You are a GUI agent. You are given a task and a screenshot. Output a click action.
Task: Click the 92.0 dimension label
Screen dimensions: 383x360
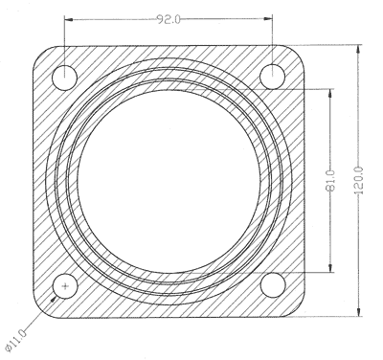click(169, 20)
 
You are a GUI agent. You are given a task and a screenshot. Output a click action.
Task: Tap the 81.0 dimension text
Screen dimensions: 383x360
click(331, 180)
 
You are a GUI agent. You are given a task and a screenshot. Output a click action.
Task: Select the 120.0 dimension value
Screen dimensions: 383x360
click(359, 180)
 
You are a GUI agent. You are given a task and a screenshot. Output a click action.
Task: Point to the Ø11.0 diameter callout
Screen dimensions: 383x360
click(16, 341)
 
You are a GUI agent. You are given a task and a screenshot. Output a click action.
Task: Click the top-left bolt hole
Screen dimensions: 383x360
click(65, 78)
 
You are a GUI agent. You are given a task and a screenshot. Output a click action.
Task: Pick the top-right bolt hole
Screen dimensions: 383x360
click(272, 77)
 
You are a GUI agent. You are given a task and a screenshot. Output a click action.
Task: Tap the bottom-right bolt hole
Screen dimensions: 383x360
click(273, 285)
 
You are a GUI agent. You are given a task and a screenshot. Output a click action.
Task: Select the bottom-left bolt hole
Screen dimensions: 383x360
click(65, 286)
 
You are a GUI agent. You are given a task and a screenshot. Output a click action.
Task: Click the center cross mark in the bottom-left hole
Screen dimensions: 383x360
click(65, 286)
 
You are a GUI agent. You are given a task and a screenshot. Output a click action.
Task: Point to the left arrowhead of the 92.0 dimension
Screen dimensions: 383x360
click(69, 19)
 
